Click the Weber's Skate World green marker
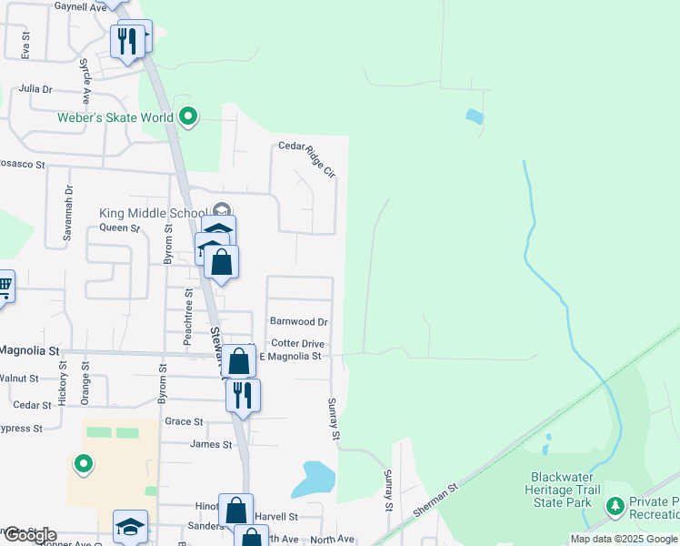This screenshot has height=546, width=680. tap(188, 116)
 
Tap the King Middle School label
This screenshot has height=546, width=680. tap(154, 213)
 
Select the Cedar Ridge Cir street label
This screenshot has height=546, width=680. tap(306, 146)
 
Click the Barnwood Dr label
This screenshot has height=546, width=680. tap(298, 321)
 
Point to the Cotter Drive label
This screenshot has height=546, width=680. tap(297, 343)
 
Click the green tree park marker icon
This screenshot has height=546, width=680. tap(615, 504)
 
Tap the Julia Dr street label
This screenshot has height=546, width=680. tap(35, 89)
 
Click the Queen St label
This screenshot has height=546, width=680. tap(119, 228)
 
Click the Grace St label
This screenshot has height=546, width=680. tap(184, 421)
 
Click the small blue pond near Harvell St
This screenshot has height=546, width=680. tap(317, 476)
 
